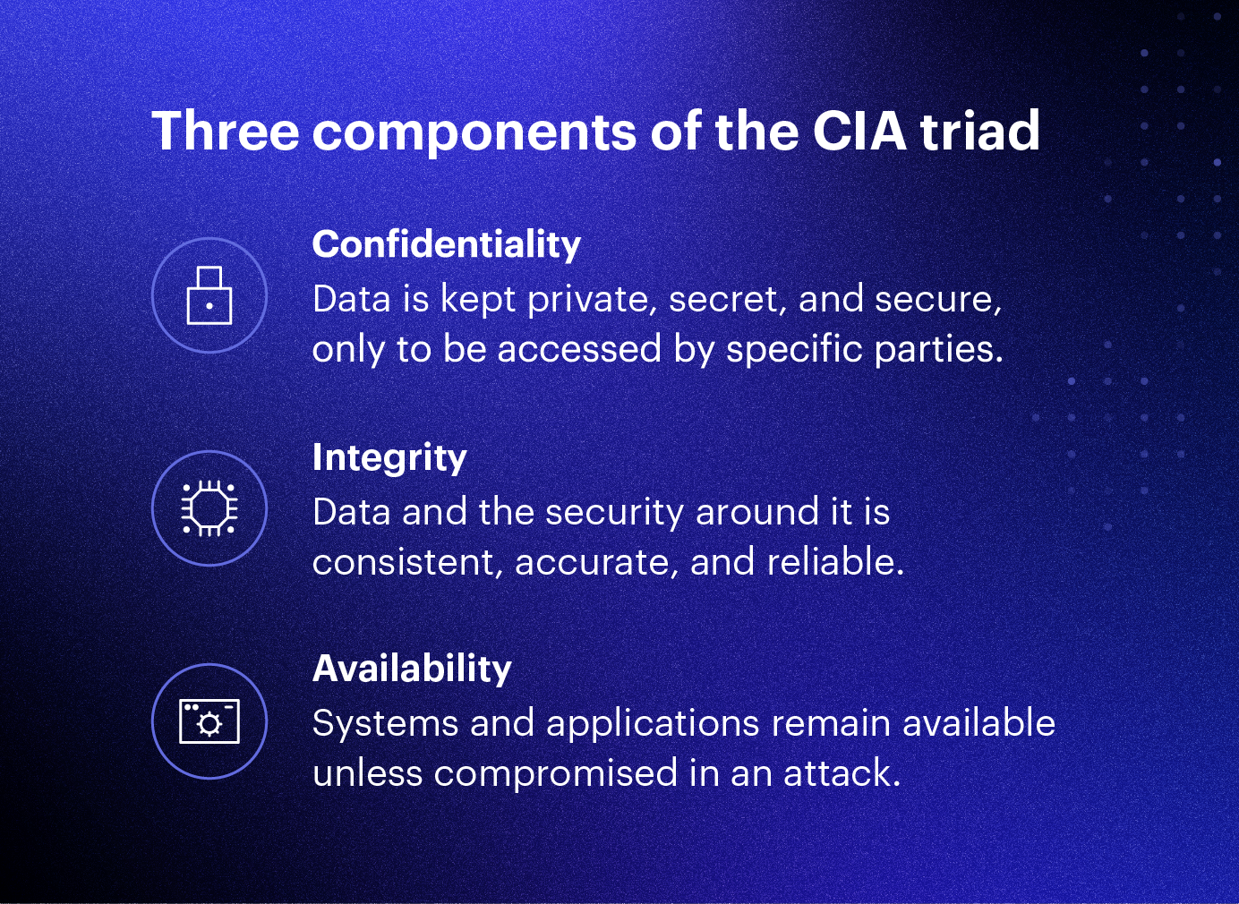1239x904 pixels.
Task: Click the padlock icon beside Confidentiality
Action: click(x=209, y=295)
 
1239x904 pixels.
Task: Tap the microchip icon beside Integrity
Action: click(x=209, y=508)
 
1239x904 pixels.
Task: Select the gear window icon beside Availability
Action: click(x=209, y=721)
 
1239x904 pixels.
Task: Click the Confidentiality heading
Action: click(x=447, y=243)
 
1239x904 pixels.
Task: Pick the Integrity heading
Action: click(x=389, y=457)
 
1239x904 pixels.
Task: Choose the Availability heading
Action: click(x=412, y=669)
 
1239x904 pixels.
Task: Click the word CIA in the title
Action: click(x=859, y=131)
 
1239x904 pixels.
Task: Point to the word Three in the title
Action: click(x=225, y=131)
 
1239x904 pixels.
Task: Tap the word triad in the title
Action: click(x=980, y=131)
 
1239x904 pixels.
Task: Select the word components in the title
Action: click(x=475, y=132)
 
